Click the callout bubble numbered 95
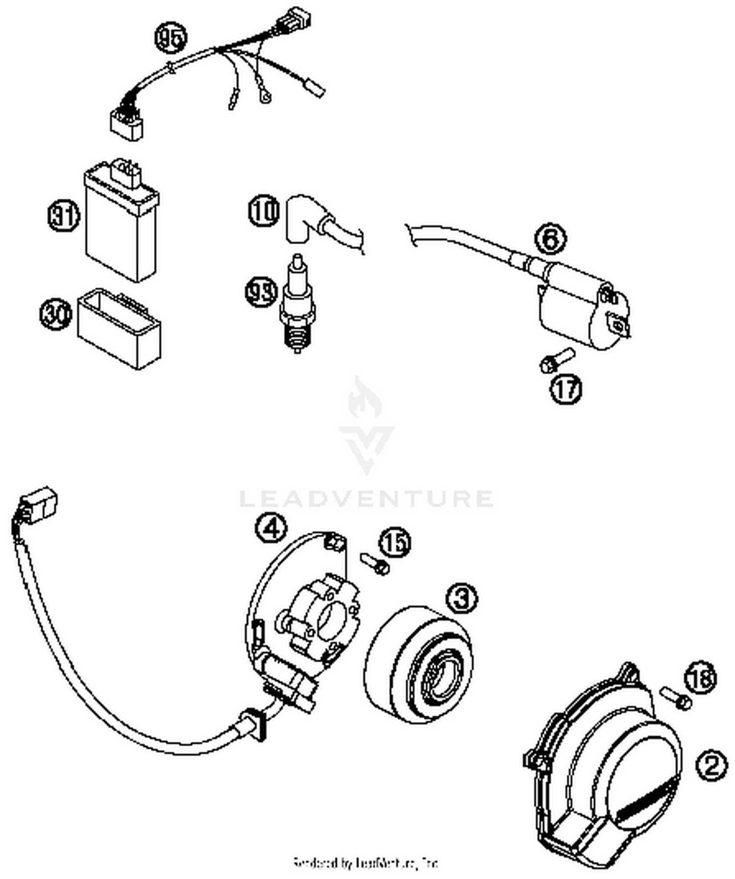171,38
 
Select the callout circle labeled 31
64,216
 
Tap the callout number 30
55,314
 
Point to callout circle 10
264,211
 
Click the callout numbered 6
550,239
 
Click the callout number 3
462,597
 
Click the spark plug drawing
297,307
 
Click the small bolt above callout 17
557,360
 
